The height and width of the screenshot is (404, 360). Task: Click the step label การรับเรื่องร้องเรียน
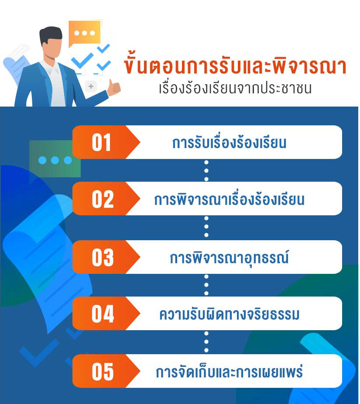pos(229,142)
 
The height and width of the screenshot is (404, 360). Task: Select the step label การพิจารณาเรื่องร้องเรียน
pos(229,199)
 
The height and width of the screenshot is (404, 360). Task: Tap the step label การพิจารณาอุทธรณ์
pos(229,258)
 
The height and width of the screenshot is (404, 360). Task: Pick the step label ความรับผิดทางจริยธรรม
pos(229,314)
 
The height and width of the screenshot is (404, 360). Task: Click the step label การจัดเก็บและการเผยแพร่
pos(229,371)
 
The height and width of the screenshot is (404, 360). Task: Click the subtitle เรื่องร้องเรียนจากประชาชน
pos(235,88)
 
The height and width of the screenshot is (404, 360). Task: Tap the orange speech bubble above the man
pos(84,33)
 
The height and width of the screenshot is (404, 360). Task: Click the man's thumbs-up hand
pos(113,87)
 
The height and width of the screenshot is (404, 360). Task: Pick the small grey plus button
pos(91,86)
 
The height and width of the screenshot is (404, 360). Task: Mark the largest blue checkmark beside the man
pos(82,61)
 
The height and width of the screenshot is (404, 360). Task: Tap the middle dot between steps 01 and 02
pos(206,171)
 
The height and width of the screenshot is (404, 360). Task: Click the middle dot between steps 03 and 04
pos(206,285)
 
